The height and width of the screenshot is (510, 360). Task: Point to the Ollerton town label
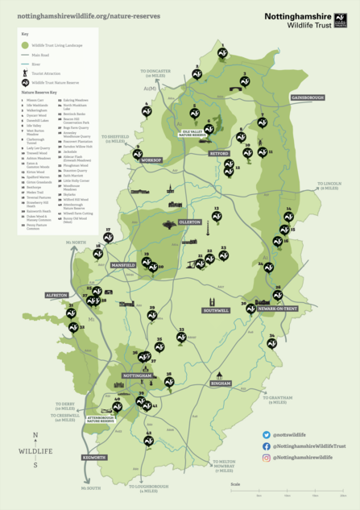pos(190,221)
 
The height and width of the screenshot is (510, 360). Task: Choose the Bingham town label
pos(221,384)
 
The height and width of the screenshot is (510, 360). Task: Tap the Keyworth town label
pos(94,457)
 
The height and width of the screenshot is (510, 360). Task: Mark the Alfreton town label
pos(56,296)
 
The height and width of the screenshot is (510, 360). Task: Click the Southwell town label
pos(217,310)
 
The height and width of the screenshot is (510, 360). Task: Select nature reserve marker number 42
pos(148,440)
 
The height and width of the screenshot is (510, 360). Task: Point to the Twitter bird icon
pos(267,434)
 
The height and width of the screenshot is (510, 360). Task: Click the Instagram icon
pos(267,457)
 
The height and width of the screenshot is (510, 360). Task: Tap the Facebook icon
pos(267,446)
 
